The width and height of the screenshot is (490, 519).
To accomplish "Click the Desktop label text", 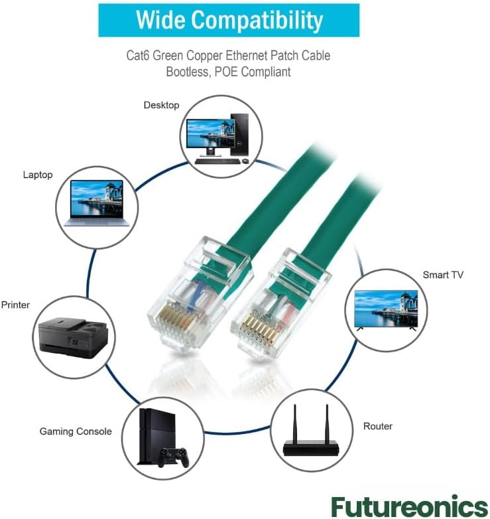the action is coord(161,106).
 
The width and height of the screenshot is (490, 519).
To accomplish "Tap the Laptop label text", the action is coord(38,175).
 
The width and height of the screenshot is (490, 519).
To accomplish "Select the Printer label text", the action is coord(15,305).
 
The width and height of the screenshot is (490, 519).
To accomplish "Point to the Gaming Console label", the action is coord(76,431).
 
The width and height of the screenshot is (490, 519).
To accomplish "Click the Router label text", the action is coord(377,426).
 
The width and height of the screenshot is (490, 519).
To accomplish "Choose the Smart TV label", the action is coord(443,275).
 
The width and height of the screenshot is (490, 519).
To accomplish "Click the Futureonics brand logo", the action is coord(409,506).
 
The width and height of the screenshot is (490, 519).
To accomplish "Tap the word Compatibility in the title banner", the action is coord(257,21).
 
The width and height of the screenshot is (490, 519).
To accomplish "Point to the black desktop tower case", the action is coord(239,135).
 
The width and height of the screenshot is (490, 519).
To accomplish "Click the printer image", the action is coord(74,338).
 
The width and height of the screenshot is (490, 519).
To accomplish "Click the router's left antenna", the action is coord(294,423).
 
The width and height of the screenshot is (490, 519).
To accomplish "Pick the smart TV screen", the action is coord(386,309).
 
